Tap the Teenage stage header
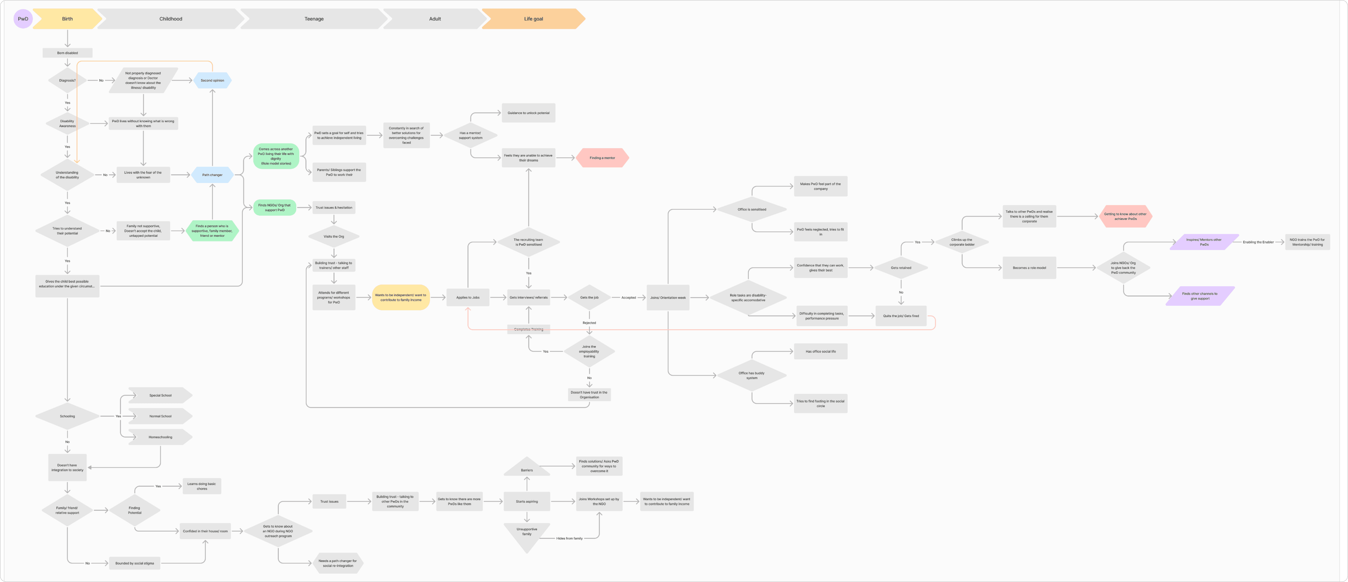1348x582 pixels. coord(314,19)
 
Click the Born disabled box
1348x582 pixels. coord(67,53)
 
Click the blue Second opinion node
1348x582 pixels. coord(212,80)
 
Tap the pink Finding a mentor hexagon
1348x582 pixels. coord(602,157)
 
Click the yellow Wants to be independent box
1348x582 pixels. coord(401,297)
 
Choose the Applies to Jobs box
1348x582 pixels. coord(468,297)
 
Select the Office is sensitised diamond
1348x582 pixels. coord(752,209)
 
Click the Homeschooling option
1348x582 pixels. coord(160,437)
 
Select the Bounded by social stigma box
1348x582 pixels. coord(134,563)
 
